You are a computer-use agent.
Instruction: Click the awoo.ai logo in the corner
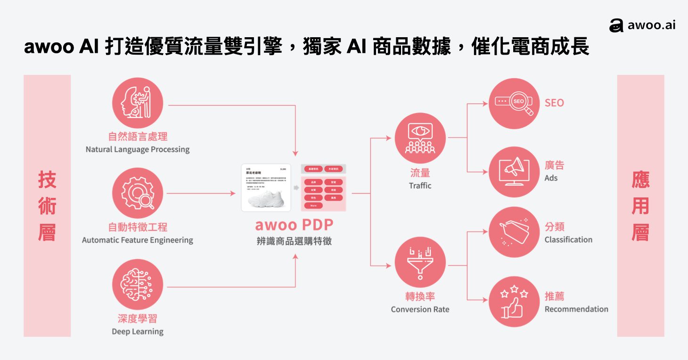coord(642,25)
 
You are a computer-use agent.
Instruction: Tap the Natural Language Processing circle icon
coord(138,103)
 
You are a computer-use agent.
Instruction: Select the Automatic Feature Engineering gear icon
coord(138,193)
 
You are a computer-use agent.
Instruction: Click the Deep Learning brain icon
coord(138,284)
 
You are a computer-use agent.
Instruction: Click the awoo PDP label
coord(294,225)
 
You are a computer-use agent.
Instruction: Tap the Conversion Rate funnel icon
coord(420,262)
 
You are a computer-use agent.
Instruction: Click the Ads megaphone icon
coord(514,172)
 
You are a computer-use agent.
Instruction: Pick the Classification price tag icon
coord(514,232)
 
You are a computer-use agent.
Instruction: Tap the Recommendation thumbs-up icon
coord(514,302)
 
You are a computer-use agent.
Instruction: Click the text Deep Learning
coord(138,332)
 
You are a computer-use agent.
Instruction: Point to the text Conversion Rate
coord(420,310)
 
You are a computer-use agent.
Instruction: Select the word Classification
coord(568,240)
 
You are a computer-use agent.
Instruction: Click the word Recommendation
coord(576,310)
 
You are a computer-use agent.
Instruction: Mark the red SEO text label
coord(554,103)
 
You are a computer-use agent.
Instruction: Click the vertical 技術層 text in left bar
coord(47,206)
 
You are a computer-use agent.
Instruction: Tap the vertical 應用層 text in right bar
coord(640,206)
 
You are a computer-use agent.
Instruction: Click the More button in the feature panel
coord(313,205)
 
